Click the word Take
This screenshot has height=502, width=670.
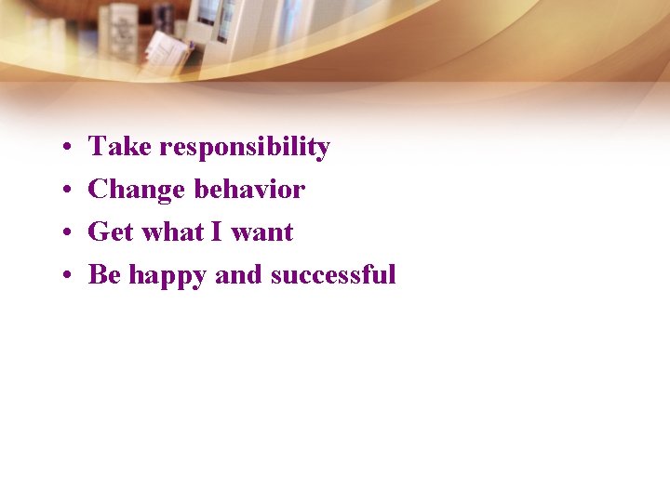120,147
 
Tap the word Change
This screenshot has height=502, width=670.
137,191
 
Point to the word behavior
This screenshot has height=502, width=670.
249,190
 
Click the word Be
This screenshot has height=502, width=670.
104,275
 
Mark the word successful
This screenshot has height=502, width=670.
333,275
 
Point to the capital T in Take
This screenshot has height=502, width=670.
97,147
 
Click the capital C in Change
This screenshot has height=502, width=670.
98,190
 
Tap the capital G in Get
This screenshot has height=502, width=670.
98,232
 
